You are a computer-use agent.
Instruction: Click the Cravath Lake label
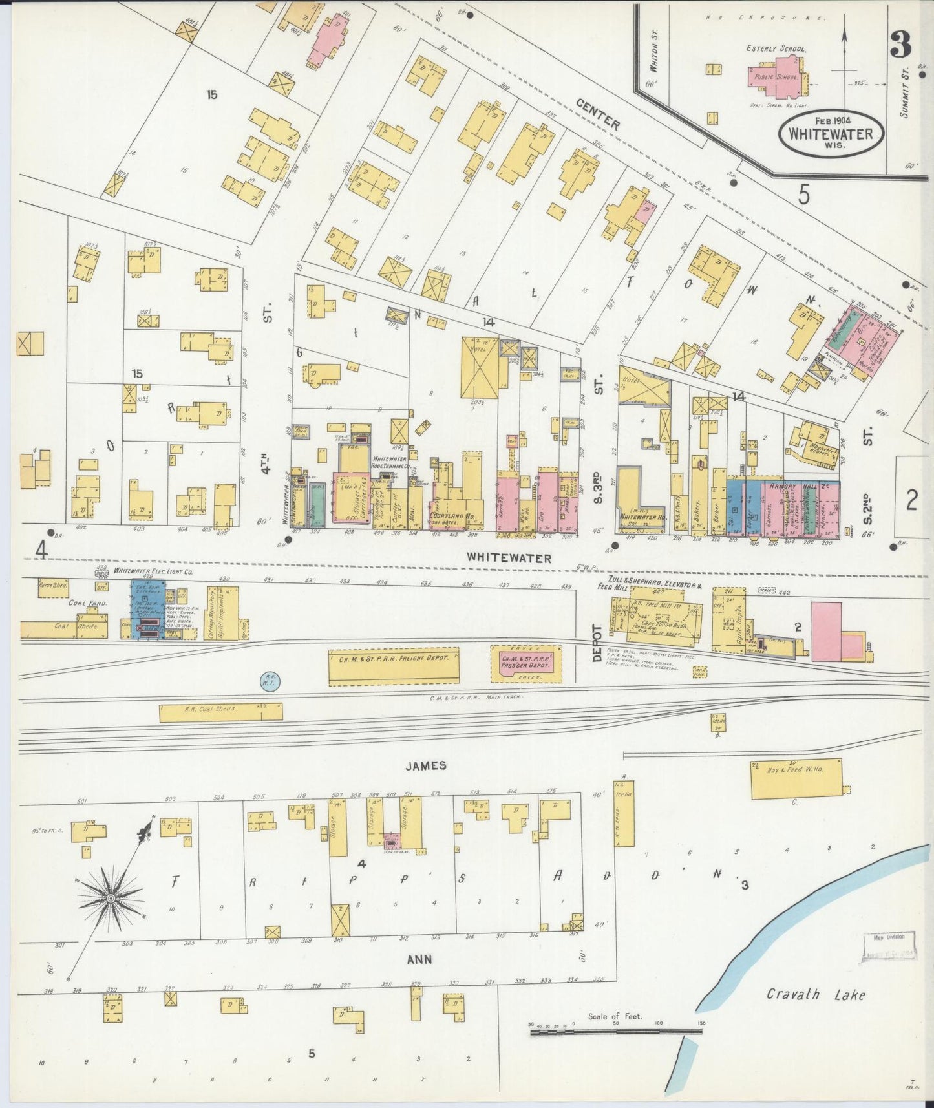(816, 995)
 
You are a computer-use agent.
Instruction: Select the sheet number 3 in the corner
(900, 45)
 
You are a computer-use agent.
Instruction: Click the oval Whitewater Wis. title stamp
(831, 134)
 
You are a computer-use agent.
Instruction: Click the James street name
(426, 765)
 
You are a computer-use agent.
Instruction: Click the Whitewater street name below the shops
(509, 559)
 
